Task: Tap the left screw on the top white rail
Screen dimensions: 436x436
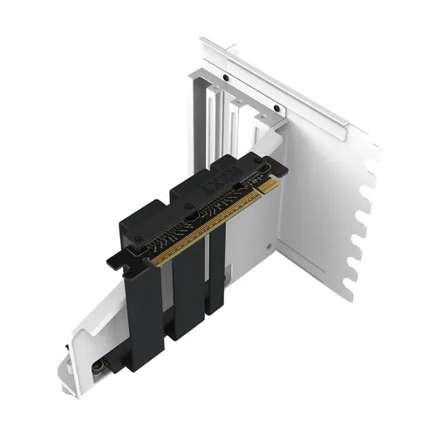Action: [x=224, y=78]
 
